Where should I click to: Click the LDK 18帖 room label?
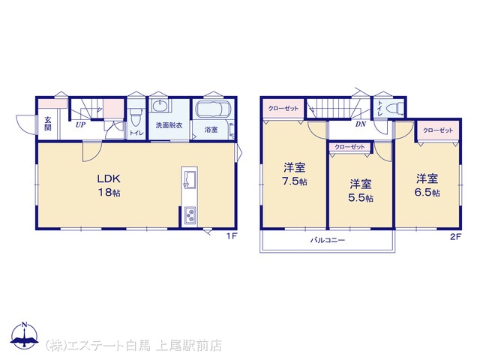[x=109, y=185]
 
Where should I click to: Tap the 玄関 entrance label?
[x=48, y=124]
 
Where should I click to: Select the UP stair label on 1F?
[x=80, y=125]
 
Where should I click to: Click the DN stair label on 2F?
[x=361, y=124]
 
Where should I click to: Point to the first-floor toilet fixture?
[x=135, y=117]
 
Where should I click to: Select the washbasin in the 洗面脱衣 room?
[x=160, y=106]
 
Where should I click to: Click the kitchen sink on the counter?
[x=190, y=179]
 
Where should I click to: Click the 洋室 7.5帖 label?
[x=295, y=174]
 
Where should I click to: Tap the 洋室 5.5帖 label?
[x=361, y=190]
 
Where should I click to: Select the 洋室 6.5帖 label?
[x=427, y=185]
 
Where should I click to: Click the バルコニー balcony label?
[x=328, y=240]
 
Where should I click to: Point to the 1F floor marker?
[x=232, y=236]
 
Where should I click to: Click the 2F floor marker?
[x=455, y=237]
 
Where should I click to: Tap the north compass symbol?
[x=25, y=335]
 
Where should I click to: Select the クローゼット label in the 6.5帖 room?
[x=438, y=130]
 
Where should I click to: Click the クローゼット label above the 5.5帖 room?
[x=349, y=147]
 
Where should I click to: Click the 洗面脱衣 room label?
[x=169, y=125]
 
